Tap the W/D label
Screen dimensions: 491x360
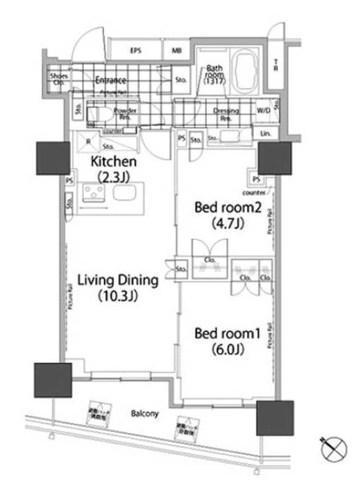[x=264, y=111]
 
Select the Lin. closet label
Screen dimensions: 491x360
[x=266, y=133]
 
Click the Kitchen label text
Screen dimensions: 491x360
[x=113, y=163]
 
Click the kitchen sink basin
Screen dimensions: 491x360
[x=124, y=198]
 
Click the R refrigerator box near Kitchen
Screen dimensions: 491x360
[x=89, y=141]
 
